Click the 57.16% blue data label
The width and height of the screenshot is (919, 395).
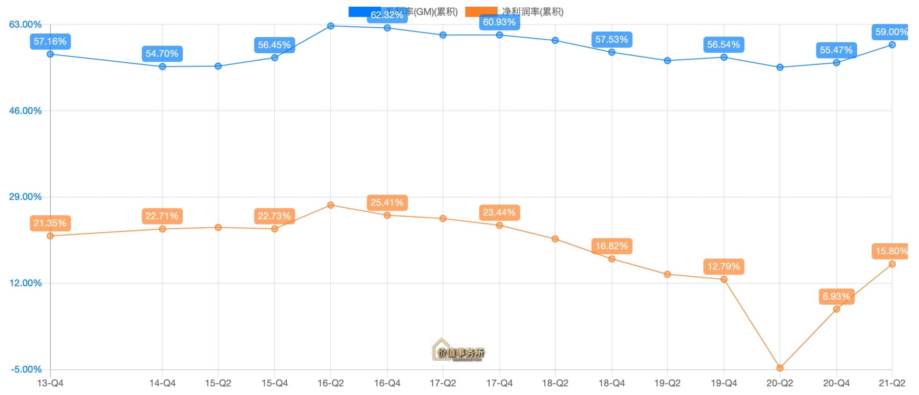[50, 42]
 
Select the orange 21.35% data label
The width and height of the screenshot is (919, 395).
[50, 223]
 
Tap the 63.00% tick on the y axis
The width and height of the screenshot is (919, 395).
[25, 24]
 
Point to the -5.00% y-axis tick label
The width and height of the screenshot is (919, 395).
[26, 369]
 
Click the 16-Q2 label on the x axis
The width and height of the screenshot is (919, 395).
[331, 383]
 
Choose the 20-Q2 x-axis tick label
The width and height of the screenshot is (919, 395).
[780, 383]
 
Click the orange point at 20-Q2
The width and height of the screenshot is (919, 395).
[780, 368]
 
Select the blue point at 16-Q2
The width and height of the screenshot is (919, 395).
[331, 26]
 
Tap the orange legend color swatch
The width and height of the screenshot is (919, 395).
[481, 11]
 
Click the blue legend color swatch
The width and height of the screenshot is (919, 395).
[365, 11]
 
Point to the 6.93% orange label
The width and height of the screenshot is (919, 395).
[836, 296]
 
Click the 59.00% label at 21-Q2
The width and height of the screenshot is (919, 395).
[891, 32]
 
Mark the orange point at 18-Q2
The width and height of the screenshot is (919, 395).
[555, 239]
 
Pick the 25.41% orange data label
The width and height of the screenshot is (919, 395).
[387, 203]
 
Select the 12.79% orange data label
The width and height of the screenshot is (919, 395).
[724, 266]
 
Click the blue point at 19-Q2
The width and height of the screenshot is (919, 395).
[668, 61]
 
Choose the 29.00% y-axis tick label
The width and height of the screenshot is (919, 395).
[25, 197]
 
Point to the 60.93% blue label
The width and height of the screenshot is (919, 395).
[499, 22]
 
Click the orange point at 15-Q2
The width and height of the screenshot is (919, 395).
[218, 227]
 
